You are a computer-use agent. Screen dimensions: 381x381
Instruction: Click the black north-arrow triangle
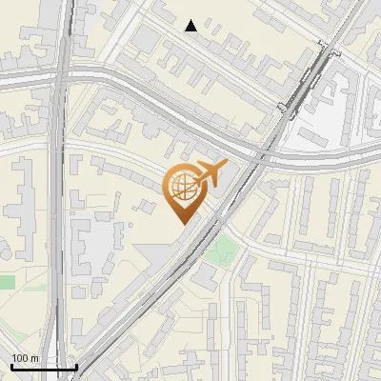(191, 26)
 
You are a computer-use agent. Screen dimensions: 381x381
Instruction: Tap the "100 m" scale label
(26, 357)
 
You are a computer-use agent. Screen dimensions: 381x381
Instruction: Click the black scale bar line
(44, 367)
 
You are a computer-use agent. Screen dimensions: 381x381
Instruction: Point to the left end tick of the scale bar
(11, 365)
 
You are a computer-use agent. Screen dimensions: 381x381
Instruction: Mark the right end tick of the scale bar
(76, 365)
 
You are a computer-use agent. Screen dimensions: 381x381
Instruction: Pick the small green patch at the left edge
(8, 282)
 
